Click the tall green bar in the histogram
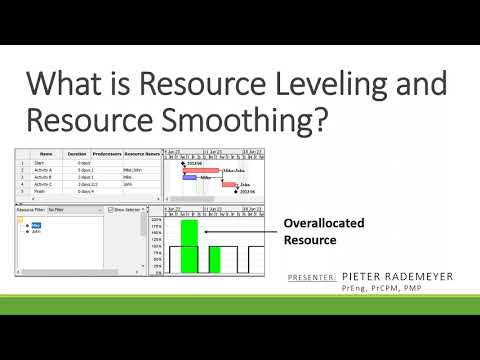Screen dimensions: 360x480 coord(189,246)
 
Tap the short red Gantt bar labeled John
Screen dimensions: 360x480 coord(230,183)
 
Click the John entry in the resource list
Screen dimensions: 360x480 coord(36,231)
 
